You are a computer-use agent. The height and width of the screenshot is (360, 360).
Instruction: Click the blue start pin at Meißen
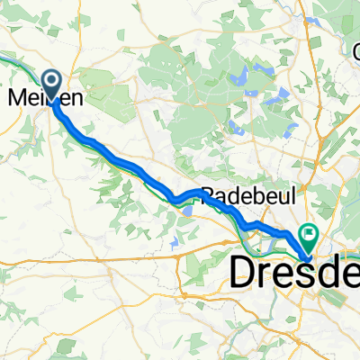pyautogui.click(x=50, y=85)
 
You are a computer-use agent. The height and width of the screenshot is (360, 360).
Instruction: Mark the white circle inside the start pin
pyautogui.click(x=50, y=82)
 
